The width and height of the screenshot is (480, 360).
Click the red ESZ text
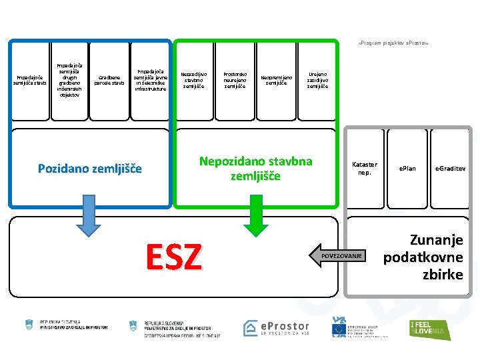pyautogui.click(x=173, y=256)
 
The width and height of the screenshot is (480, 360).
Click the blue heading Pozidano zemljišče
pyautogui.click(x=89, y=169)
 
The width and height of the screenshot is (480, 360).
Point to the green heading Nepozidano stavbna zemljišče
pyautogui.click(x=256, y=169)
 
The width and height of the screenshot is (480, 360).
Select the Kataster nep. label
pyautogui.click(x=365, y=168)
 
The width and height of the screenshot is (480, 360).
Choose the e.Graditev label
pyautogui.click(x=451, y=168)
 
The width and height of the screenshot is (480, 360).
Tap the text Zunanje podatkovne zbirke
pyautogui.click(x=427, y=257)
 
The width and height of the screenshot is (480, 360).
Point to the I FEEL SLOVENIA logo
pyautogui.click(x=430, y=329)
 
